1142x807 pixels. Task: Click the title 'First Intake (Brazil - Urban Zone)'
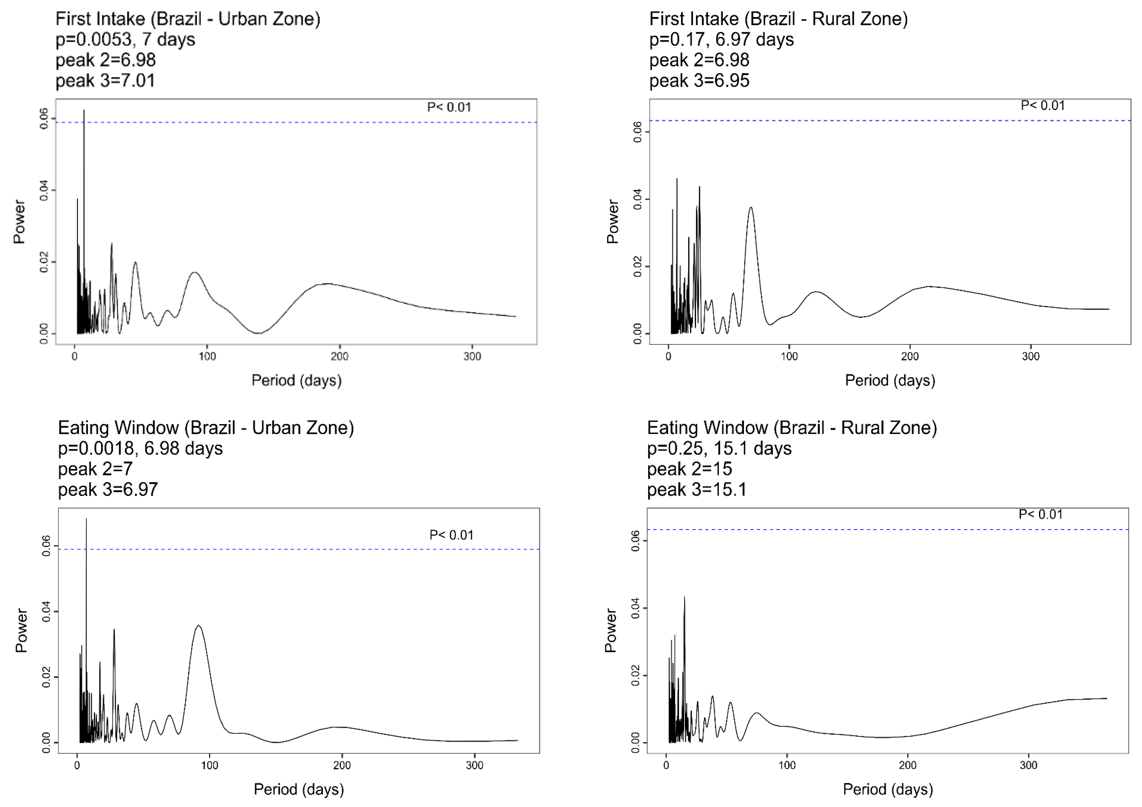tap(187, 19)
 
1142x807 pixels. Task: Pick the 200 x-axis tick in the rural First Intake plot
tap(910, 356)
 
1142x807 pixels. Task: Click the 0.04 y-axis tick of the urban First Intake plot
tap(44, 191)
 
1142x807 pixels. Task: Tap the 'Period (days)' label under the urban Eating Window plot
tap(298, 789)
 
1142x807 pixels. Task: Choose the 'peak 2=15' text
tap(689, 469)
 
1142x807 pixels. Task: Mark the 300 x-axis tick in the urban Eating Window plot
tap(475, 765)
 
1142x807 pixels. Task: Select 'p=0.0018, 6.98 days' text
tap(140, 448)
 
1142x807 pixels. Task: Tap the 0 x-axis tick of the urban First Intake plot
tap(75, 356)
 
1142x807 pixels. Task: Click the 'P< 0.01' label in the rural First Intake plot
tap(1043, 106)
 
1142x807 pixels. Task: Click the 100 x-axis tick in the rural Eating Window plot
tap(787, 765)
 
